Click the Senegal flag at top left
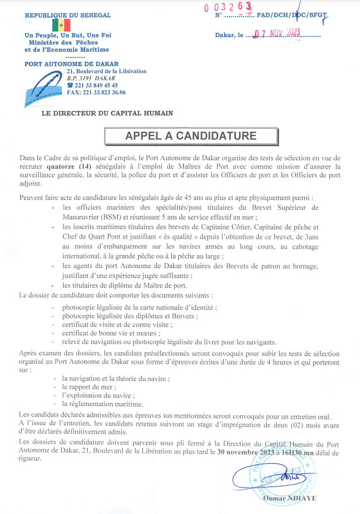(61, 25)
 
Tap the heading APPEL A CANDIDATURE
(182, 136)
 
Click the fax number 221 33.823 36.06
(96, 92)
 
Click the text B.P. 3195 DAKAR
(91, 78)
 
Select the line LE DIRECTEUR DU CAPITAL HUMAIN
(107, 113)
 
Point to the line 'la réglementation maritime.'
(102, 404)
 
